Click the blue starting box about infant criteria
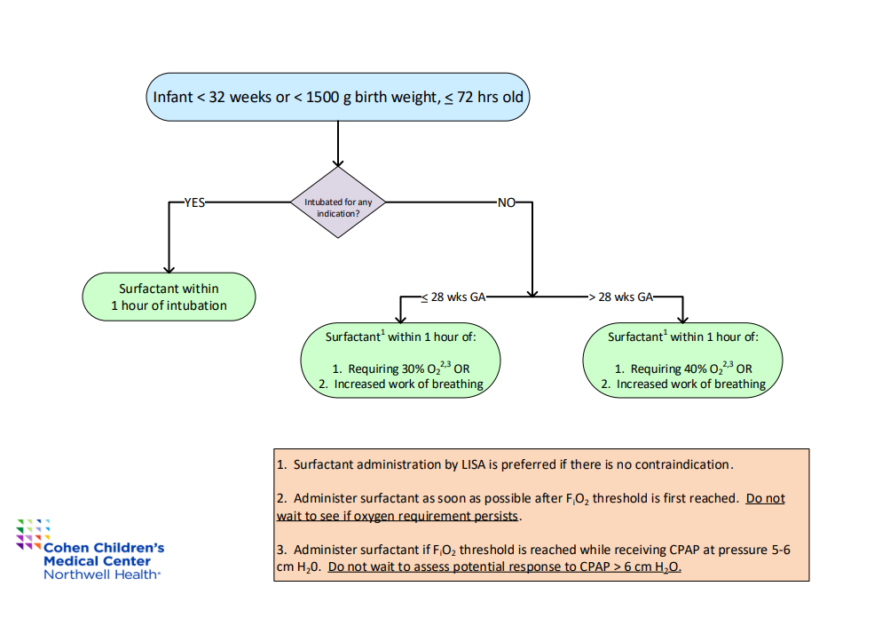338,97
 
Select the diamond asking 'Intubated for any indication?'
338,202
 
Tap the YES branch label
194,202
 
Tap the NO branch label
507,202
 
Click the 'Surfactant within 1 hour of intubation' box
169,297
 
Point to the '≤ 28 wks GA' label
453,297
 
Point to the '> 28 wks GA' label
621,297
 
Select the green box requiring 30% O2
400,360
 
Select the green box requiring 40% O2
683,360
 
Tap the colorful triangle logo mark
33,534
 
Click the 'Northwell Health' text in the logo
102,574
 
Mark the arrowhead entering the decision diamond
338,162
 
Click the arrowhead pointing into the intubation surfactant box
169,269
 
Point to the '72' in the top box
465,97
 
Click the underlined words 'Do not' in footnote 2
765,499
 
